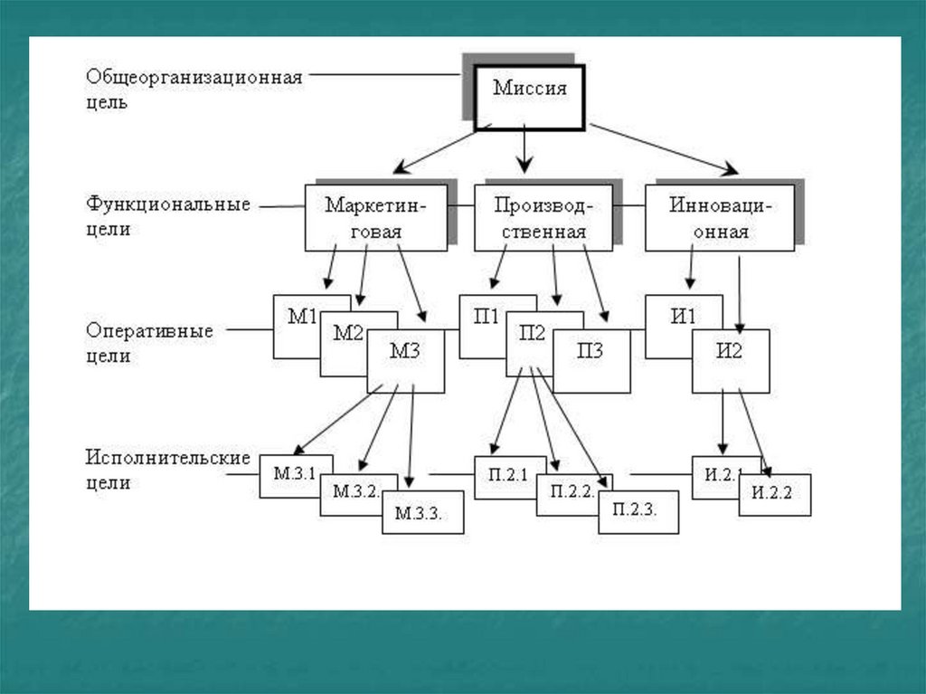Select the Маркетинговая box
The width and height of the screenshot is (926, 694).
[375, 217]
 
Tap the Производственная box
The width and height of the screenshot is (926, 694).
[543, 217]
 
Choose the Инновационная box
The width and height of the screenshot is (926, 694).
[720, 217]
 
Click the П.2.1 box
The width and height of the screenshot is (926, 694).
[508, 476]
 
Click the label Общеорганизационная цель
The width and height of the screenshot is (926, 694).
[194, 89]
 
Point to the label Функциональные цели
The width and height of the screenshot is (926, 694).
[168, 216]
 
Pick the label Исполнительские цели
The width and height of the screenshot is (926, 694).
[168, 470]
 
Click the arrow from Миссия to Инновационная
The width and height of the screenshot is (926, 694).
[665, 147]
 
